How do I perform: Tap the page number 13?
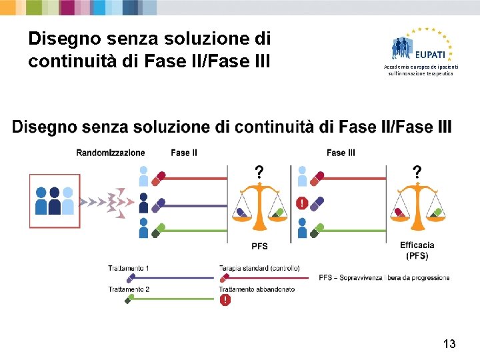[449, 344]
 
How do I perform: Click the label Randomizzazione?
[111, 153]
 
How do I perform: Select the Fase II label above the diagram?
[184, 153]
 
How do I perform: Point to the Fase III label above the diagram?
[341, 153]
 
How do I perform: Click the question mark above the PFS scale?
[259, 172]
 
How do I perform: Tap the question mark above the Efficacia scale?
[417, 172]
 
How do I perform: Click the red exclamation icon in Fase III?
[302, 203]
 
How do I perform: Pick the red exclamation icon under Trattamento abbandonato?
[225, 300]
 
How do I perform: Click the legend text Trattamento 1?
[129, 268]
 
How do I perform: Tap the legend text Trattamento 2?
[129, 289]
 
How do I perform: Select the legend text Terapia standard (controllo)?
[259, 268]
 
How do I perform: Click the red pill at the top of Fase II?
[159, 178]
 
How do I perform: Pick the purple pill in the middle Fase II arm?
[159, 205]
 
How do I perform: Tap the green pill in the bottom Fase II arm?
[159, 231]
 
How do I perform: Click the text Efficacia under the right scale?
[417, 245]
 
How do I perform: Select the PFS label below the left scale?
[259, 246]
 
